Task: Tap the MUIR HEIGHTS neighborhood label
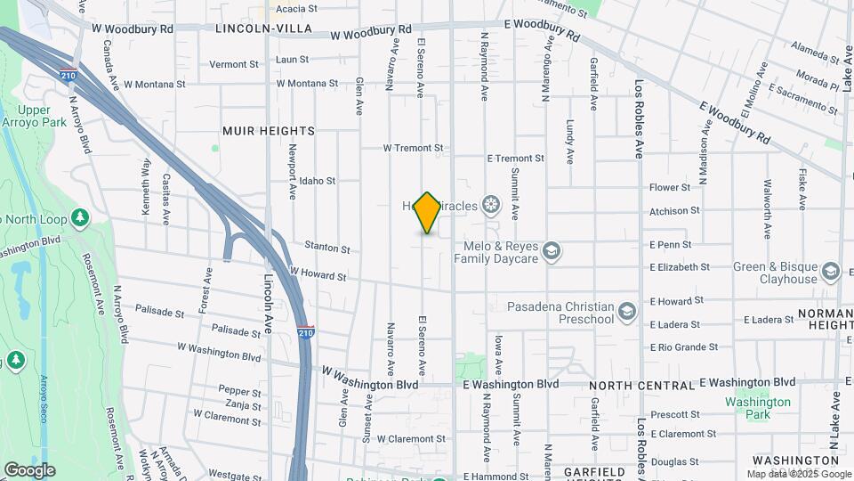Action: [x=268, y=131]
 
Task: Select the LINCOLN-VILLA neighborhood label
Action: [x=263, y=29]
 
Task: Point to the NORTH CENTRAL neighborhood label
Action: [x=641, y=386]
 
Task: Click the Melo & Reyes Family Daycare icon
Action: [x=552, y=250]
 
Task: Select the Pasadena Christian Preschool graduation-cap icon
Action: [x=627, y=311]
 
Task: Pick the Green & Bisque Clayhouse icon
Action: [x=831, y=271]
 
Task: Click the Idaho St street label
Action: [x=317, y=181]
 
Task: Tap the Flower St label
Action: [x=670, y=188]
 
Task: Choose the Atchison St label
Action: [x=674, y=211]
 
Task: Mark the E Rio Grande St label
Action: [x=684, y=347]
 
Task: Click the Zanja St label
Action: [x=243, y=405]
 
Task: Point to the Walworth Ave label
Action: [x=767, y=209]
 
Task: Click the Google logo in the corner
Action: [x=29, y=469]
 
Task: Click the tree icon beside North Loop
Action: [x=80, y=217]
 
